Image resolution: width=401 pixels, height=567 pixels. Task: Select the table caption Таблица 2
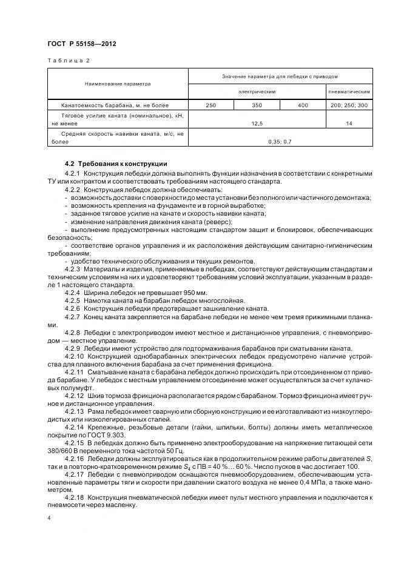pos(68,61)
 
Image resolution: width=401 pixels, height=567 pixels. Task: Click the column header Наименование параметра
pos(118,84)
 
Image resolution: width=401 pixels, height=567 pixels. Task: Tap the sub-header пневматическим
pos(349,91)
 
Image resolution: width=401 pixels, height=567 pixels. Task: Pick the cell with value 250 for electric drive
pos(211,105)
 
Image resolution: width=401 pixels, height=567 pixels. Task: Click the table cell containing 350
pos(257,105)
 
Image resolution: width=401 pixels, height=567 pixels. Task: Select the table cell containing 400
pos(303,105)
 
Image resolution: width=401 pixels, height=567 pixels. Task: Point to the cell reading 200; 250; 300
pos(349,105)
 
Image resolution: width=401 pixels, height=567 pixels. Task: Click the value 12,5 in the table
pos(257,123)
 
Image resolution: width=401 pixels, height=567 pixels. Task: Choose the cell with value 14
pos(349,123)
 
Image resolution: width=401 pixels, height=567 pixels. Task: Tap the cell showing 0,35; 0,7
pos(280,141)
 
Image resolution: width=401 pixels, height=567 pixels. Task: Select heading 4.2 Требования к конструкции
pos(115,164)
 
